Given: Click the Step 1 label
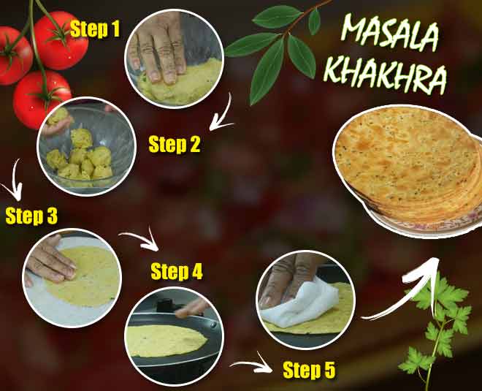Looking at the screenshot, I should [96, 31].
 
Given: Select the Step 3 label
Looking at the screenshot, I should [31, 216].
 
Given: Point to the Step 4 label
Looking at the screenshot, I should [176, 273].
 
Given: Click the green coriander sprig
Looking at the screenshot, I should [438, 322].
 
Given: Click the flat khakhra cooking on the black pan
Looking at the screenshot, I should [164, 340].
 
